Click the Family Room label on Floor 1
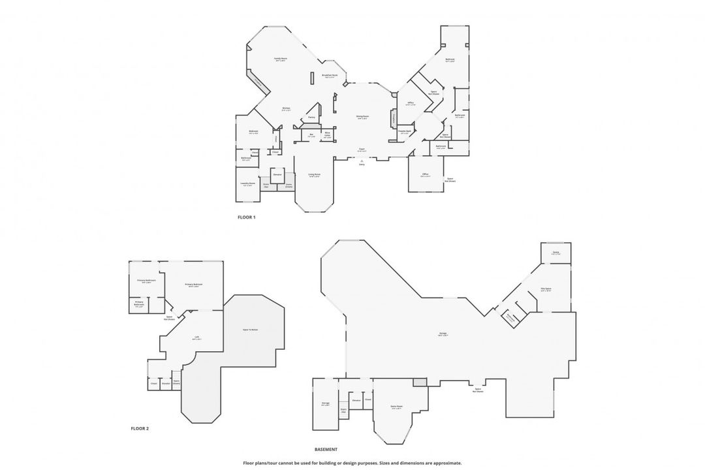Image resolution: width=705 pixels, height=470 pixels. (280, 59)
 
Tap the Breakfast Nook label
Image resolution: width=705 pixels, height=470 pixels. (330, 76)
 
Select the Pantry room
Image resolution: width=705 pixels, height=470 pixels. (311, 117)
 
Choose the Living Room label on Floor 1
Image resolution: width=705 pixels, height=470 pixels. (314, 175)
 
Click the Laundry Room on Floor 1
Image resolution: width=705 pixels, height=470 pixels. (247, 185)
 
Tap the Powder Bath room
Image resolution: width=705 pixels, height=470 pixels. (404, 132)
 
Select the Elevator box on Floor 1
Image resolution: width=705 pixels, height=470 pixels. (277, 175)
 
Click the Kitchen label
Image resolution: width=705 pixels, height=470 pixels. (286, 109)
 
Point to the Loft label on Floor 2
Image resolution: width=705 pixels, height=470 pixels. (196, 337)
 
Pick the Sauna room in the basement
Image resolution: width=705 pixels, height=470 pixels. (556, 253)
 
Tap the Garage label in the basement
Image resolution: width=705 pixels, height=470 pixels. (443, 334)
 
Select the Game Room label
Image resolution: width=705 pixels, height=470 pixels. (396, 407)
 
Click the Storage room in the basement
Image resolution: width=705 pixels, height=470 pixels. (326, 404)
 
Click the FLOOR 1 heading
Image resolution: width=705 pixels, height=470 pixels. (247, 217)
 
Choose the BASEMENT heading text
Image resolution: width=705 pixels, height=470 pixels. (326, 449)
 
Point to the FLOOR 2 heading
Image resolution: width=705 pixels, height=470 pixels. (140, 428)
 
